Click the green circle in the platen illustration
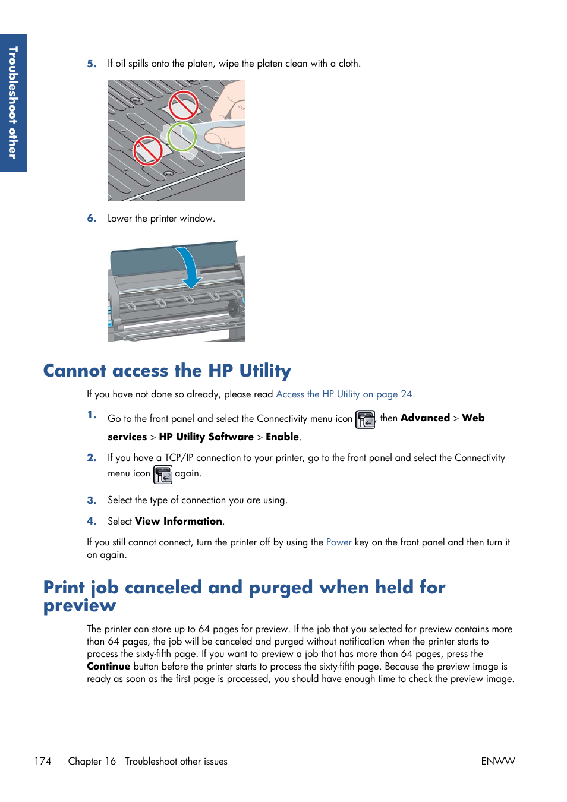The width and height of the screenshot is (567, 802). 182,137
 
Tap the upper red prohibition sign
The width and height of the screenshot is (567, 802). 183,106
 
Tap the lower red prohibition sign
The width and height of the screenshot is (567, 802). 147,150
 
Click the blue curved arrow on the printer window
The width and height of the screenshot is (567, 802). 190,267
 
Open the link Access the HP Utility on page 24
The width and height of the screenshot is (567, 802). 344,394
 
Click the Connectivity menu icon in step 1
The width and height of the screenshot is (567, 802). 365,419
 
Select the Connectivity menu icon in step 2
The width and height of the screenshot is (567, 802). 163,474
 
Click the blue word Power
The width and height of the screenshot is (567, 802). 339,542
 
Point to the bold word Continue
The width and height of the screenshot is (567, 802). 108,667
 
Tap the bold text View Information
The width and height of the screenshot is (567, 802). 178,522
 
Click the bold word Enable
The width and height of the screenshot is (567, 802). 282,437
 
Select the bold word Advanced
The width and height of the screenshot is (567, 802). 425,418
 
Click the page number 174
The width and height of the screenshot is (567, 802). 43,762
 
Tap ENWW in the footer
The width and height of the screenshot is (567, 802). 498,762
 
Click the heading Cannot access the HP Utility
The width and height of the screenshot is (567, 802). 167,371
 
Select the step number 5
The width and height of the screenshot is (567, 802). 92,64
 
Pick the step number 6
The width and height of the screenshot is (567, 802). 92,219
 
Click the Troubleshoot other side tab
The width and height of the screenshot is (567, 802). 13,103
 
